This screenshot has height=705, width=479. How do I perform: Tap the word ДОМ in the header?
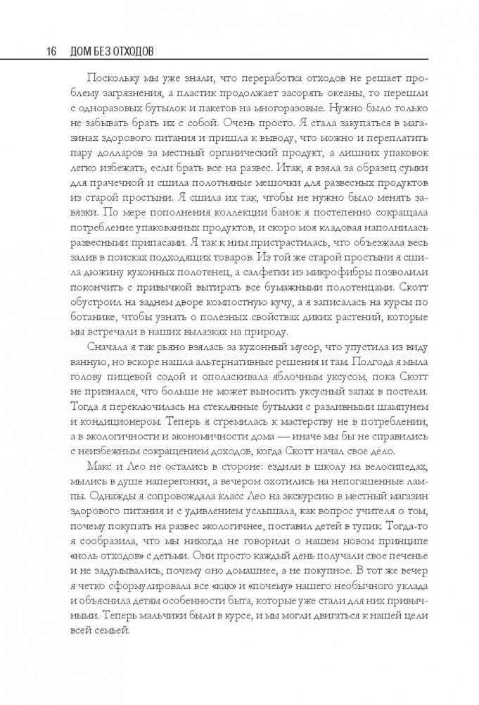pos(74,51)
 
